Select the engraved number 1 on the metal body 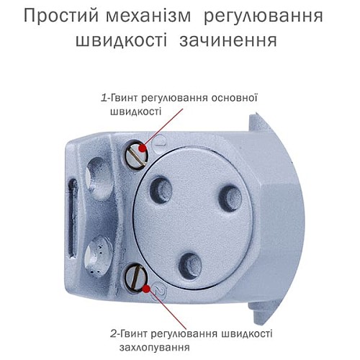159,145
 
